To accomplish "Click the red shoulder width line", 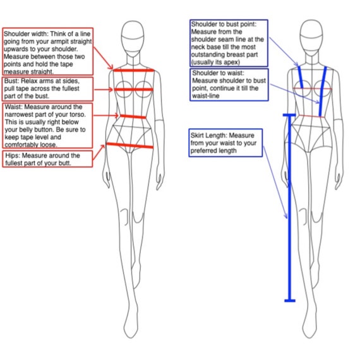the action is click(x=134, y=70).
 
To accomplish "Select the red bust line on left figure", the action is click(x=134, y=90).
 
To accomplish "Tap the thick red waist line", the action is click(x=133, y=117).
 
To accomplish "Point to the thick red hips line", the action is click(x=129, y=145).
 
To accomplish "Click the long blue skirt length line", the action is click(x=289, y=208).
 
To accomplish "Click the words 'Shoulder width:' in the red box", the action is click(x=26, y=33).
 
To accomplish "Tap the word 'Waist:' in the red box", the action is click(x=13, y=107).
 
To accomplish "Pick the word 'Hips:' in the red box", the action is click(x=13, y=155).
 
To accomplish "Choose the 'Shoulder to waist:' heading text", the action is click(x=218, y=73).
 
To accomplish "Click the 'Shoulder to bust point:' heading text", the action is click(x=224, y=24).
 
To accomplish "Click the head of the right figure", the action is click(x=311, y=37).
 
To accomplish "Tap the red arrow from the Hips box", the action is click(x=99, y=152).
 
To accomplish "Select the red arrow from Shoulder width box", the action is click(x=104, y=58).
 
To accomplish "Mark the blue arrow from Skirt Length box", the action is click(x=275, y=183).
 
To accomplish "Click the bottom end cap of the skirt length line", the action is click(x=290, y=301).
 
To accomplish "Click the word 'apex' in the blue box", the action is click(x=231, y=63).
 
